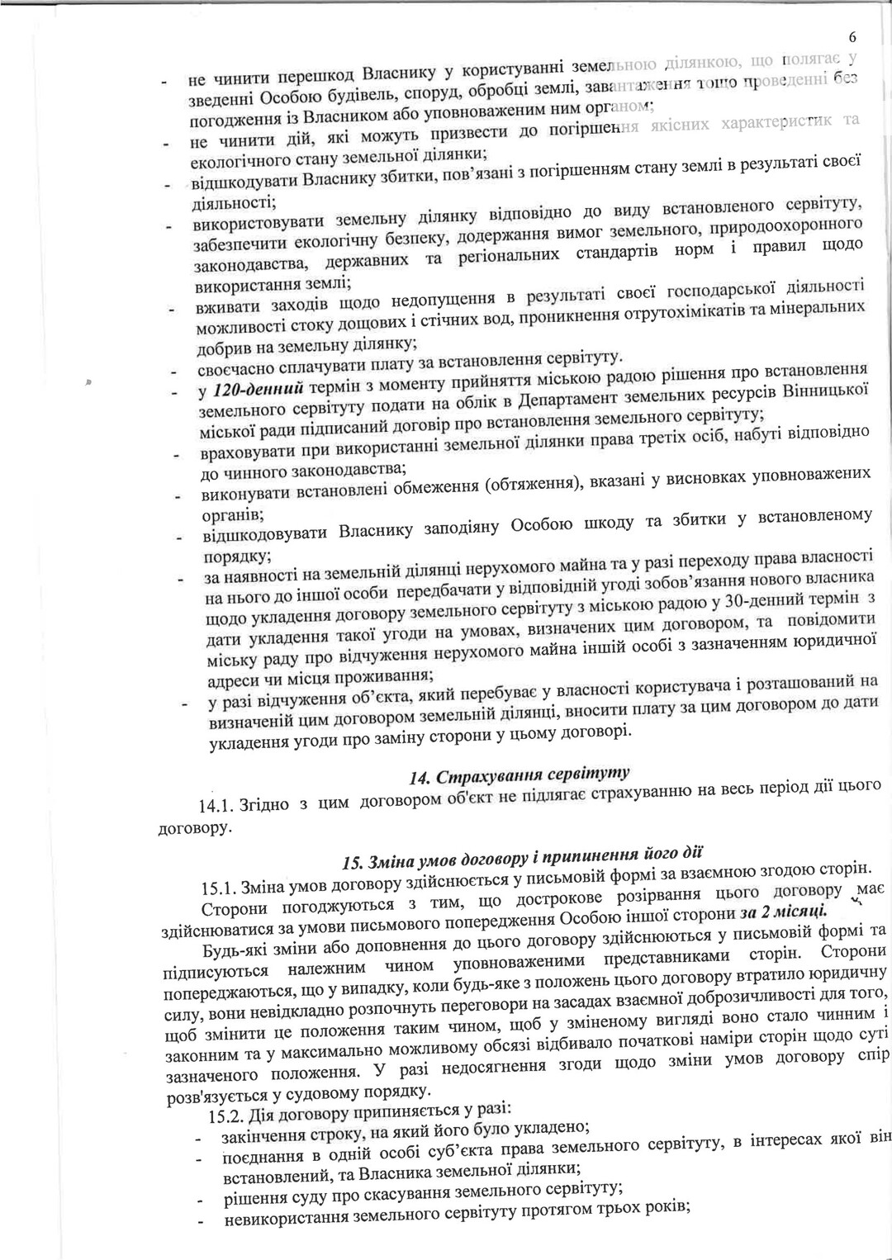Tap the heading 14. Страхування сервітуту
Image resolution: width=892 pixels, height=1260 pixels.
520,775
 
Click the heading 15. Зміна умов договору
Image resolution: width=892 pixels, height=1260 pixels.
524,857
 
